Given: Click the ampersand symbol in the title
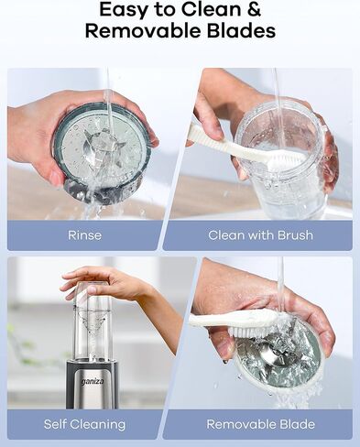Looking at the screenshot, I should point(254,11).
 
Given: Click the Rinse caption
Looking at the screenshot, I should point(84,235).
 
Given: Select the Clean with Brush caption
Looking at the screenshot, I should point(260,235).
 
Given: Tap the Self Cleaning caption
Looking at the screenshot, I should point(84,424).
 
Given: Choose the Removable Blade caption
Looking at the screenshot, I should point(260,424).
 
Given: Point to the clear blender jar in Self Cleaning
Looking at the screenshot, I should point(92,330).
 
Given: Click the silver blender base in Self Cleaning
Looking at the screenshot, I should point(92,385).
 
